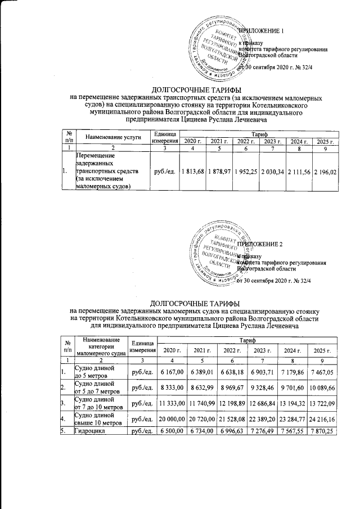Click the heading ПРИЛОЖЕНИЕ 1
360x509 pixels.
tap(263, 30)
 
